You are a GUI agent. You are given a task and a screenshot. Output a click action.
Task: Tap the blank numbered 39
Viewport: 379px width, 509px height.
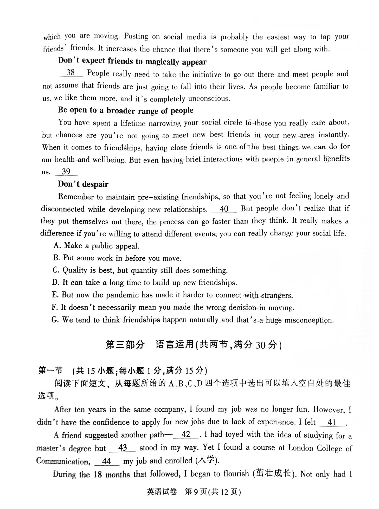pyautogui.click(x=66, y=172)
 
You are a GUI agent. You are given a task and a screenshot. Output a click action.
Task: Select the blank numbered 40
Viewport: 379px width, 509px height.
pyautogui.click(x=224, y=209)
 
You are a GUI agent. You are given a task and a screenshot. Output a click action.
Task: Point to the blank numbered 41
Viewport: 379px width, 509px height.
pyautogui.click(x=332, y=422)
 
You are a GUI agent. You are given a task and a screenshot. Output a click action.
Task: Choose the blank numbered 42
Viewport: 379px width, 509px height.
pyautogui.click(x=186, y=434)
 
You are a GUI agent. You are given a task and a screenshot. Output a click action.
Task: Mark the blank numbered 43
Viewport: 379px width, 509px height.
pyautogui.click(x=122, y=448)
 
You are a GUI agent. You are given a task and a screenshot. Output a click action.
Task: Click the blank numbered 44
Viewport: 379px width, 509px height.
pyautogui.click(x=107, y=461)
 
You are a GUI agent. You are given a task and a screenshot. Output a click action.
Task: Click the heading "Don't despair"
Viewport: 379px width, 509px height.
pyautogui.click(x=83, y=184)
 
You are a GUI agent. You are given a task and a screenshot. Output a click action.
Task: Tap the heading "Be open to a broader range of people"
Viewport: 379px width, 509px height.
pyautogui.click(x=126, y=110)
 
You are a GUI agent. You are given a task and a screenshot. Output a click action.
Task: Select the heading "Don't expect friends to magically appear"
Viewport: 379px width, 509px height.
pyautogui.click(x=132, y=61)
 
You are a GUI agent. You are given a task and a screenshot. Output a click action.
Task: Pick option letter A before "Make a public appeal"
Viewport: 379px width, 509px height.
pyautogui.click(x=57, y=246)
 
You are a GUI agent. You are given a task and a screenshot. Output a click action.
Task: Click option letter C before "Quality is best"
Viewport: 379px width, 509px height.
pyautogui.click(x=56, y=270)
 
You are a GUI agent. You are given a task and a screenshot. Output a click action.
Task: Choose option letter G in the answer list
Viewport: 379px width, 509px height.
pyautogui.click(x=55, y=320)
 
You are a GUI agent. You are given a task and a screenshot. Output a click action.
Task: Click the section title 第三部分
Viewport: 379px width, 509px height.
pyautogui.click(x=125, y=345)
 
